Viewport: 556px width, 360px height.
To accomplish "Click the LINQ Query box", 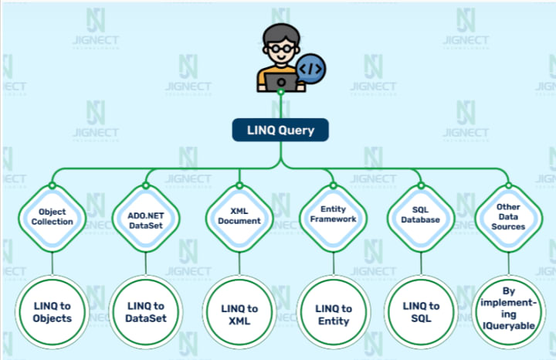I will tap(280, 130).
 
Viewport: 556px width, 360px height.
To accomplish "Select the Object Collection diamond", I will tap(53, 216).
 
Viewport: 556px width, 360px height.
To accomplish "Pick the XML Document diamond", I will tap(239, 216).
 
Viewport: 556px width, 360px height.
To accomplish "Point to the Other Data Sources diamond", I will tap(507, 216).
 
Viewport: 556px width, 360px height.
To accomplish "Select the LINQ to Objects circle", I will tap(53, 311).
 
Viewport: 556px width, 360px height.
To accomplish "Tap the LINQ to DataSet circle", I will tap(147, 311).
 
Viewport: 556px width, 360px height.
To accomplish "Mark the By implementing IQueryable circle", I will tap(508, 309).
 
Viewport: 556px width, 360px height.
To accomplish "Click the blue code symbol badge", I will tap(311, 68).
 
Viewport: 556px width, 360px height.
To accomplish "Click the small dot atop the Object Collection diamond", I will tap(53, 185).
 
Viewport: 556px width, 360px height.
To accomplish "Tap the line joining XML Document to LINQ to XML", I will tap(239, 264).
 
